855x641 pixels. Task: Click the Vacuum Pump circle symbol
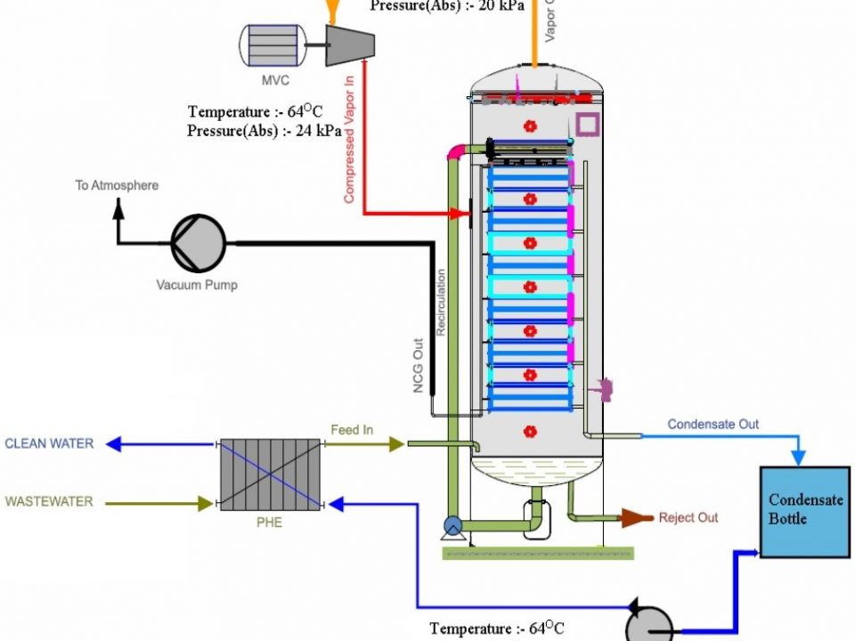pos(198,241)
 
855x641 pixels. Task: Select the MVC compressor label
pos(275,81)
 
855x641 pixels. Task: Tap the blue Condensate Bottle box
pos(805,510)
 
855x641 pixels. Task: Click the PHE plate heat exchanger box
pos(270,475)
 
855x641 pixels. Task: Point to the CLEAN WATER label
pos(49,443)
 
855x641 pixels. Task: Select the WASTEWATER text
pos(49,502)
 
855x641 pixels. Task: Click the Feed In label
pos(352,430)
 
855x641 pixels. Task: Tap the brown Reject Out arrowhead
pos(634,517)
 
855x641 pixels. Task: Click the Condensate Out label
pos(713,425)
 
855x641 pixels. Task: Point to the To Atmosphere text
pos(117,185)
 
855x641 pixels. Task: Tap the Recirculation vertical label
pos(441,303)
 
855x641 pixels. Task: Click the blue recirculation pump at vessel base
pos(451,526)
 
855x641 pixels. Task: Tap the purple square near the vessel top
pos(588,124)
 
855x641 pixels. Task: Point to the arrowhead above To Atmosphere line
pos(117,207)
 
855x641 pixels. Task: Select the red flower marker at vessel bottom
pos(530,433)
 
